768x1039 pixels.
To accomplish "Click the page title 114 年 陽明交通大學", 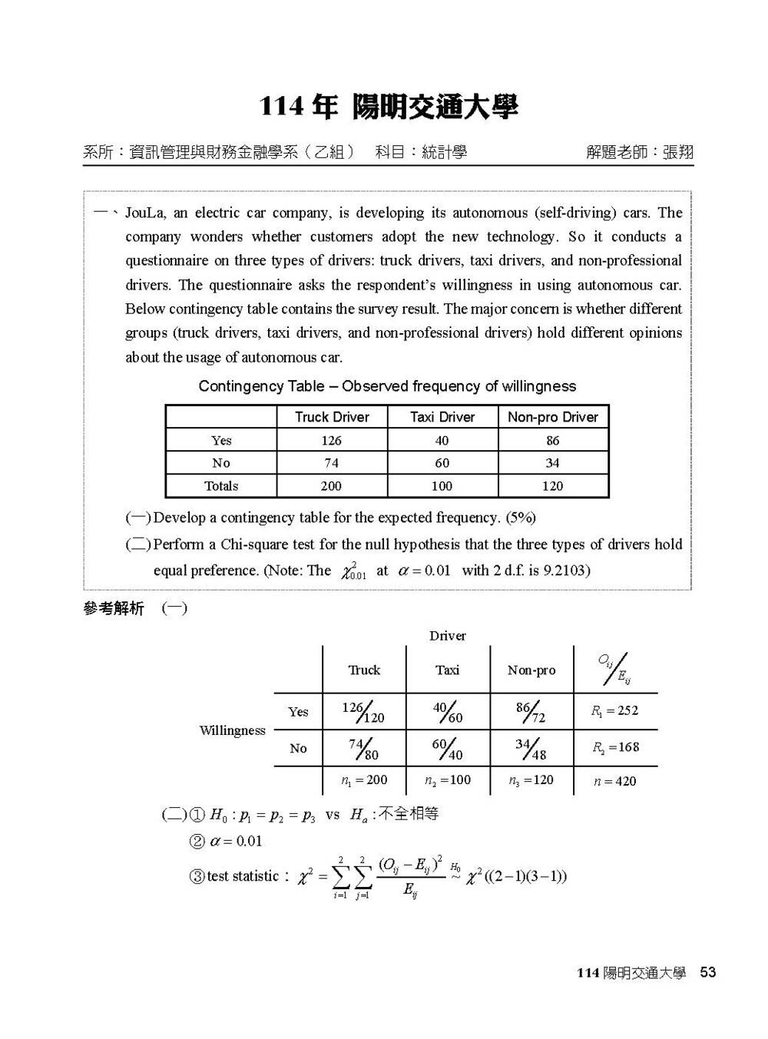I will pyautogui.click(x=389, y=108).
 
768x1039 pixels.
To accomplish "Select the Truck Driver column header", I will pyautogui.click(x=332, y=417).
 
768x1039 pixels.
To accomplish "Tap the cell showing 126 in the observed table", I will pyautogui.click(x=332, y=441).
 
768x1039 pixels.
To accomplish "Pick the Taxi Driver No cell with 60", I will pyautogui.click(x=442, y=463).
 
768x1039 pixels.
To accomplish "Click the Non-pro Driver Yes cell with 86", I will pyautogui.click(x=553, y=441).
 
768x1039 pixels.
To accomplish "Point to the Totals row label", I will pyautogui.click(x=221, y=486).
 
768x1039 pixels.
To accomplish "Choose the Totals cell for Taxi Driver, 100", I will pyautogui.click(x=442, y=486).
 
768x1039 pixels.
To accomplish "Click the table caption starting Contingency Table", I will pyautogui.click(x=387, y=386).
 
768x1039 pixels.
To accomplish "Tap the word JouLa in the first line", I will pyautogui.click(x=145, y=213).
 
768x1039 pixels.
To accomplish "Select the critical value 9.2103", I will pyautogui.click(x=564, y=571).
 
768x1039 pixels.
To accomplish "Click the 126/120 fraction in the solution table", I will pyautogui.click(x=363, y=712).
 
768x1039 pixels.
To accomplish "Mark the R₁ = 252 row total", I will pyautogui.click(x=614, y=711).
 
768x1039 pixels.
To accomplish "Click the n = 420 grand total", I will pyautogui.click(x=614, y=782).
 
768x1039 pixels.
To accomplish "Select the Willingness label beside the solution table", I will pyautogui.click(x=232, y=730).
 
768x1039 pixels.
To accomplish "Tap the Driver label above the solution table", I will pyautogui.click(x=448, y=636).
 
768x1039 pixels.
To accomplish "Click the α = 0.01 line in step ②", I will pyautogui.click(x=236, y=841).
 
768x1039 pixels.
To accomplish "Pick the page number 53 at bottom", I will pyautogui.click(x=707, y=972).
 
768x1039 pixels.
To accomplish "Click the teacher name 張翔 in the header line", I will pyautogui.click(x=678, y=152).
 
